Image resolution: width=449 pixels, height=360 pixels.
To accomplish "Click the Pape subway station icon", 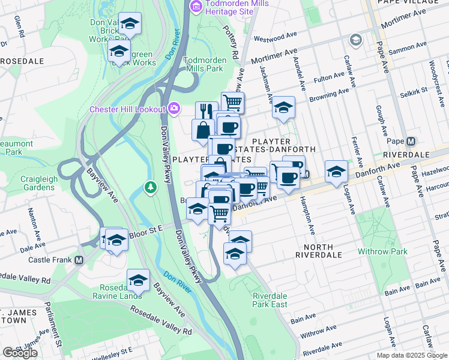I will [x=411, y=142].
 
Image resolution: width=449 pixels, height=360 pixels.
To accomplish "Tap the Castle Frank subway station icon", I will [x=79, y=260].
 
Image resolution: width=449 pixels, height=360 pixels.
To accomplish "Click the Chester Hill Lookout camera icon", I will [x=174, y=108].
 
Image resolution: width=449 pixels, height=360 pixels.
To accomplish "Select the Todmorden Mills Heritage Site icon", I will [x=194, y=6].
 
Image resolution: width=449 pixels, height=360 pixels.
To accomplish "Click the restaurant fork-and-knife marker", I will [x=205, y=111].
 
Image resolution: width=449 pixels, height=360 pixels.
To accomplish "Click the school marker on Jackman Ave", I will [x=283, y=108].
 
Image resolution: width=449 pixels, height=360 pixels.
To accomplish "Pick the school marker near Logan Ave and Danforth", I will [x=336, y=171].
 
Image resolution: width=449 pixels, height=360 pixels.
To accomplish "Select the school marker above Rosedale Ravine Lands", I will [x=138, y=280].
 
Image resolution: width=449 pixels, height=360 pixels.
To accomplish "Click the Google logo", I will [x=20, y=353].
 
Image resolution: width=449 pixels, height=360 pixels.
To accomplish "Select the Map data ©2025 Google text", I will [x=412, y=355].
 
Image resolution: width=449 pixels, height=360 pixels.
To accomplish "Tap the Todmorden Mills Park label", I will [x=204, y=65].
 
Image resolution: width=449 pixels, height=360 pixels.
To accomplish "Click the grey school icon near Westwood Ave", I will [x=355, y=40].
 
